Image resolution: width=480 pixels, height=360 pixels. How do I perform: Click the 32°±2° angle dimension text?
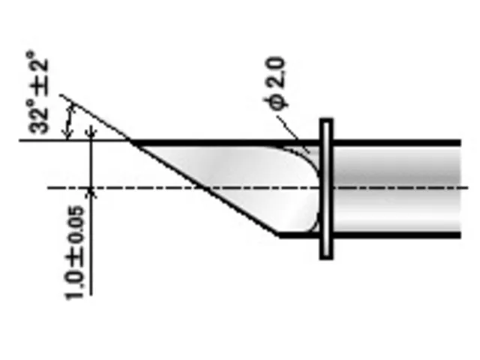coord(38,92)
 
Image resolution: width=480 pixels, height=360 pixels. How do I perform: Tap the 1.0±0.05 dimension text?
coord(73,253)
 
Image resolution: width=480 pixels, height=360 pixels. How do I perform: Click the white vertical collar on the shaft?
coord(326,189)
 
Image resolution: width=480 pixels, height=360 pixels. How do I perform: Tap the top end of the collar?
coord(326,119)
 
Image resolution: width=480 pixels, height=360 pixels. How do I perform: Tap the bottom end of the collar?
coord(326,259)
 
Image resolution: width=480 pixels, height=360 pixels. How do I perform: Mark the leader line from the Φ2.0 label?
coord(293,133)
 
